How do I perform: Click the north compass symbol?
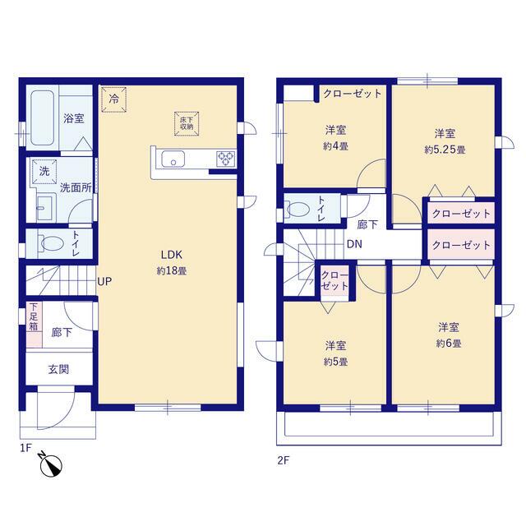coord(51,465)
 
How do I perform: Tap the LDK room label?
coord(172,255)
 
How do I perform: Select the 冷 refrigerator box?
coord(114,99)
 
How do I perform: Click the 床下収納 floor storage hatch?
coord(187,124)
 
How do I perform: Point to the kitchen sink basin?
coord(173,159)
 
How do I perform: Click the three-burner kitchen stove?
coord(226,159)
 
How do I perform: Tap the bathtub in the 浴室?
coord(42,118)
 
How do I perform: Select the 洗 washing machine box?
coord(44,172)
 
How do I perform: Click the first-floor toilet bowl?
coord(52,243)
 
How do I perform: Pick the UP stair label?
coord(104,281)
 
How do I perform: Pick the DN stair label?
coord(354,244)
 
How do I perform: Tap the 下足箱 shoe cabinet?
coord(34,325)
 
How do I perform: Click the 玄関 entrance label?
coord(58,369)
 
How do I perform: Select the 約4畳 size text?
coord(335,146)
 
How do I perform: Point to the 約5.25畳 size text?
coord(445,150)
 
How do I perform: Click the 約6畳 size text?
coord(449,344)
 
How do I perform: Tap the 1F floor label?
coord(25,448)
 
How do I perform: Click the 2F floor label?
coord(283,460)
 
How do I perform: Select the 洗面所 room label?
coord(76,188)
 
